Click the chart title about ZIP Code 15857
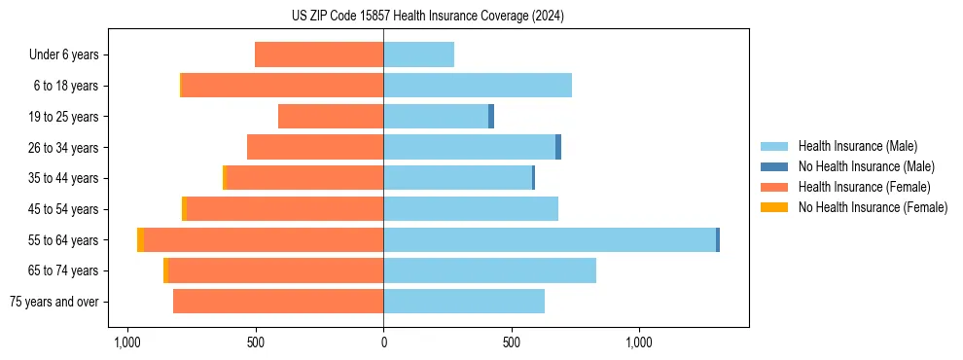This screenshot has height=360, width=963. coord(427,17)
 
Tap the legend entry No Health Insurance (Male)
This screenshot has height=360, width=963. coord(859,166)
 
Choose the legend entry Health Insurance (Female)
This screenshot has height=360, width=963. coord(857,187)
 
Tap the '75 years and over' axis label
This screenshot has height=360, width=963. coord(53,302)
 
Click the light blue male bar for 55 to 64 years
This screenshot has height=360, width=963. coord(550,239)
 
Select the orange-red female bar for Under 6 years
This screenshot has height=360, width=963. coord(319,54)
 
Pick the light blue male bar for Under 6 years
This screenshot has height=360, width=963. coord(418,54)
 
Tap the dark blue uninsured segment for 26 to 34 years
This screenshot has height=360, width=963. coord(558,147)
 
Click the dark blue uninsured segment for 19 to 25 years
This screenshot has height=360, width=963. coord(491,117)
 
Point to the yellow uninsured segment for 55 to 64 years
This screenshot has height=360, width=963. coord(141,239)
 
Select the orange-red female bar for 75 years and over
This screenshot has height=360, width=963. coord(278,302)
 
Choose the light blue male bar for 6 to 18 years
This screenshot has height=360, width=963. coord(478,86)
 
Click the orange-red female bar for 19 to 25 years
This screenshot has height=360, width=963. coord(331,117)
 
